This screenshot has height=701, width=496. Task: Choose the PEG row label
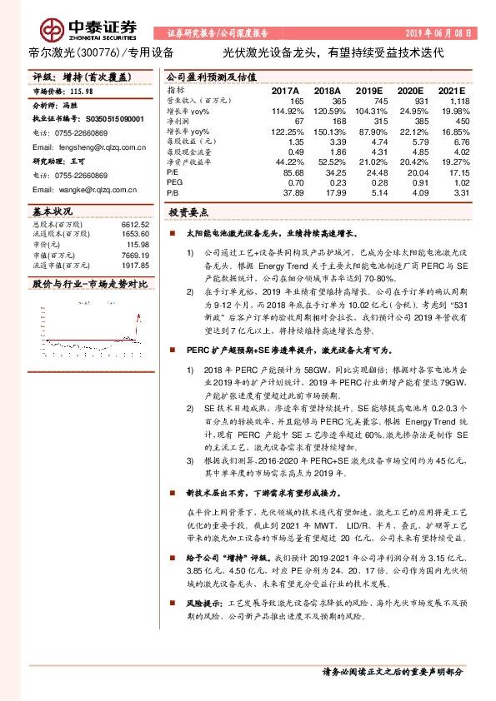tap(174, 182)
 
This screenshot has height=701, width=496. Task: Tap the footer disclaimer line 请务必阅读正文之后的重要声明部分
tap(391, 670)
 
